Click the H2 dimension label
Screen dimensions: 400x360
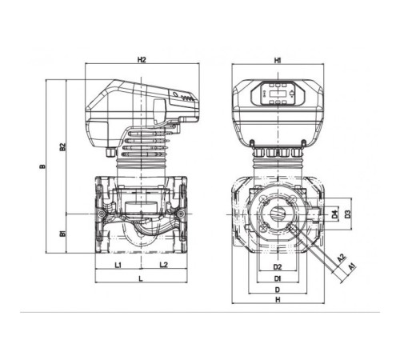click(142, 60)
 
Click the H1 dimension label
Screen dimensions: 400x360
click(278, 61)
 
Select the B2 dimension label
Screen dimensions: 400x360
click(62, 147)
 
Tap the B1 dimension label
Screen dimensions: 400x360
click(62, 234)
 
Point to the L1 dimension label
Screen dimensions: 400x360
click(118, 265)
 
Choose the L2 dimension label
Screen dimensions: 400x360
click(164, 265)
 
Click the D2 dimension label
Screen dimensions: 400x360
click(278, 266)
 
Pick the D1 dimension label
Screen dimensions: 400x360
click(278, 278)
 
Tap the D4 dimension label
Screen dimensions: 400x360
click(334, 214)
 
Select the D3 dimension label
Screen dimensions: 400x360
click(347, 214)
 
